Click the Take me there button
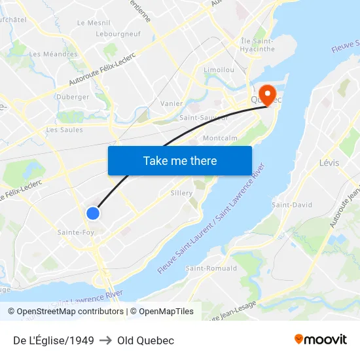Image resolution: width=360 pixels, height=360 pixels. [180, 160]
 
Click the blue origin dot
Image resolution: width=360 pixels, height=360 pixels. [93, 213]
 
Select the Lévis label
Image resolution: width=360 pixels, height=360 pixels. [329, 162]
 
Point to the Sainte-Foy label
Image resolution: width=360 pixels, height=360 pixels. [76, 232]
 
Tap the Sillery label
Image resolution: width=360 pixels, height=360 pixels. [181, 193]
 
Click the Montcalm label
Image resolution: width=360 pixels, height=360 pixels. [220, 138]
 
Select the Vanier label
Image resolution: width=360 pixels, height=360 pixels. [171, 103]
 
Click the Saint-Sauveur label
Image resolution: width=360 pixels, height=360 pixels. [204, 118]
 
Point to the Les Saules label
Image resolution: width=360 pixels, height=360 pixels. [64, 130]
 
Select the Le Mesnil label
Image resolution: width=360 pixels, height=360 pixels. [94, 22]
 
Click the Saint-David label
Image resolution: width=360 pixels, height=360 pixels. [292, 205]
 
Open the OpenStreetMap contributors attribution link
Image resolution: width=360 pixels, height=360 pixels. [70, 312]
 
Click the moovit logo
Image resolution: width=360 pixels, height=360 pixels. [321, 340]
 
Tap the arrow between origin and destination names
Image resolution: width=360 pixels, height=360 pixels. [105, 340]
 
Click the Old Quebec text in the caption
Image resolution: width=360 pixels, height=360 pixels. [146, 340]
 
